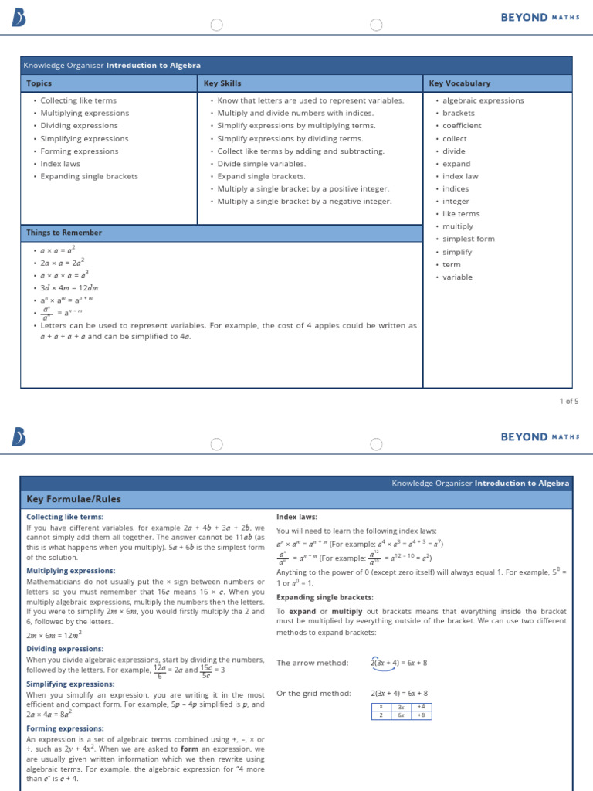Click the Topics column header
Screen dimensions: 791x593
(39, 83)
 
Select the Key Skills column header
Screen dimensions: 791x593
(222, 83)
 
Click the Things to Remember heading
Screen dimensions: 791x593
(64, 233)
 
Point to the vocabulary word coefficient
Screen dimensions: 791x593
(462, 126)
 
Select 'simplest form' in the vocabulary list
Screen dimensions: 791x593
(468, 239)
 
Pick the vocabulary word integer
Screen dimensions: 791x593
(456, 201)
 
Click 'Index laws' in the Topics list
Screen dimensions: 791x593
(60, 164)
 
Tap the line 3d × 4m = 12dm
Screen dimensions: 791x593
(69, 288)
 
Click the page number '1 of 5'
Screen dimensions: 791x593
(568, 401)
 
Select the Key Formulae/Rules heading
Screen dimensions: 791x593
(74, 499)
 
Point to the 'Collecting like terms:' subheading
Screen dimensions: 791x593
(65, 517)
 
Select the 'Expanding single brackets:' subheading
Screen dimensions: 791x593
(314, 597)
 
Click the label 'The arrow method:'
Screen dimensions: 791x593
(313, 663)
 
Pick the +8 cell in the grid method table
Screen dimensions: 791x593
(422, 715)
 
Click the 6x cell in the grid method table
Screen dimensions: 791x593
(401, 715)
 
